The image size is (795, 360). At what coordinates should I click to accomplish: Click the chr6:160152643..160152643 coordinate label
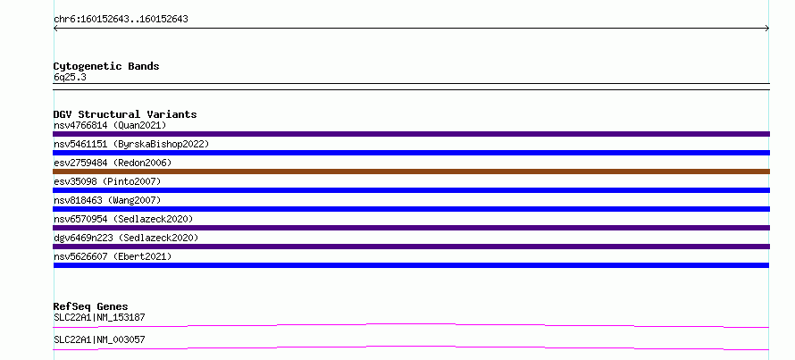121,20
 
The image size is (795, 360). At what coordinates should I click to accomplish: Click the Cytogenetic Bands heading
106,66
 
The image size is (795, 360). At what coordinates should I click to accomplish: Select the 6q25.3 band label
70,77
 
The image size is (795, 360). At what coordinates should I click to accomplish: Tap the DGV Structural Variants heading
125,114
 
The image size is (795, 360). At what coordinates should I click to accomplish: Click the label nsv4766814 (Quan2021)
110,125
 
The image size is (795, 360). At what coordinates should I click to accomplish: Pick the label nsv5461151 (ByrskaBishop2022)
131,144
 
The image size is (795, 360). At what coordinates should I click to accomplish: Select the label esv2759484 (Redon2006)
113,163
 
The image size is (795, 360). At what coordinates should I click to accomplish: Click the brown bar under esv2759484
411,172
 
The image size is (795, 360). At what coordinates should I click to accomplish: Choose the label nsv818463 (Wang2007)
107,200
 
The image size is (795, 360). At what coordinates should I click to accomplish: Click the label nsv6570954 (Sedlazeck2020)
123,219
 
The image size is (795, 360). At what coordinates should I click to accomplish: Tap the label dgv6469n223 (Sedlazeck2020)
126,238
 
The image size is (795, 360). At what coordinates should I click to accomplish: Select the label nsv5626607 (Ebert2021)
113,256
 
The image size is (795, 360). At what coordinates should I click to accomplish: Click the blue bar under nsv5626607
411,265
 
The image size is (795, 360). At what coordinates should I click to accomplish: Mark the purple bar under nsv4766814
411,134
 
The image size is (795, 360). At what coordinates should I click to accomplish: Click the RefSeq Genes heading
91,306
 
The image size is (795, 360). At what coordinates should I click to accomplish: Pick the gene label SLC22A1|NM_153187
99,318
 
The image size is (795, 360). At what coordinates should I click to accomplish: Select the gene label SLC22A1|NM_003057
99,339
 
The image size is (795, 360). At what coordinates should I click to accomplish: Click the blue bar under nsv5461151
411,153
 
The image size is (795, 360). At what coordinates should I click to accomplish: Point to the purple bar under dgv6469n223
411,247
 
